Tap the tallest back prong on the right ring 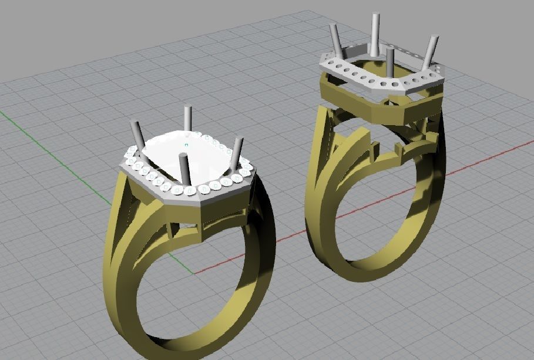[x=374, y=32]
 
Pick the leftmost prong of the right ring [x=336, y=40]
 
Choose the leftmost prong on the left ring [x=137, y=135]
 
